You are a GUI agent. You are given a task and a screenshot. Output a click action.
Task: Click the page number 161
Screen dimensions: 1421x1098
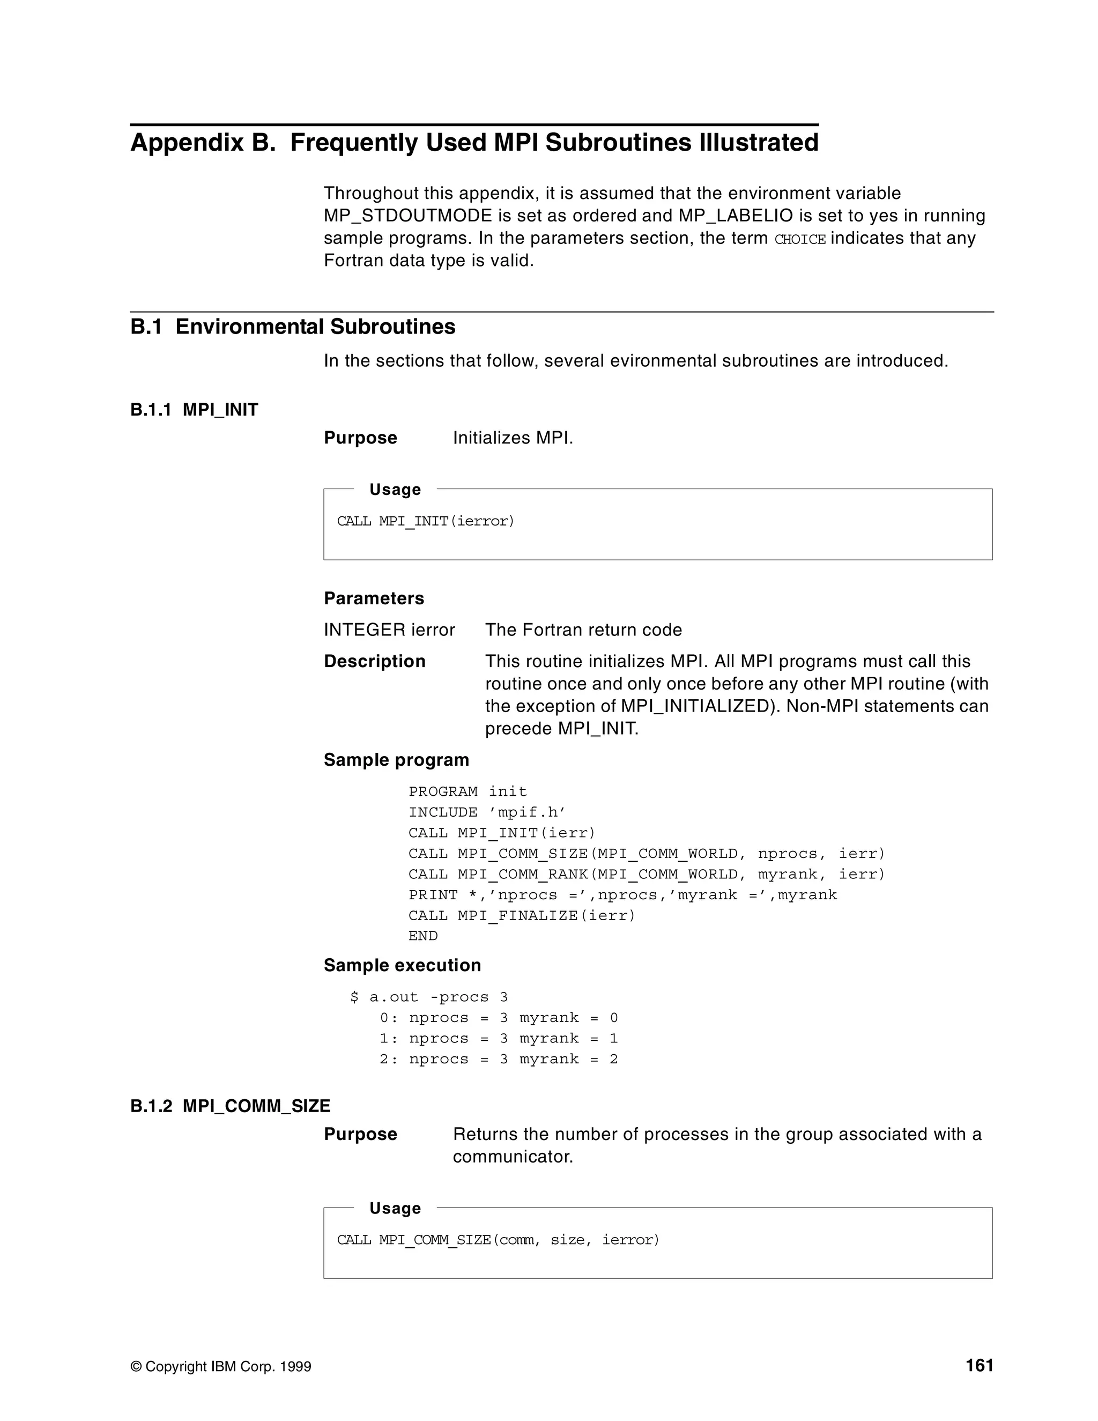tap(979, 1366)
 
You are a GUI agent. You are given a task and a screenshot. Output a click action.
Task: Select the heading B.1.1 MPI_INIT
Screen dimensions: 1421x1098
tap(194, 410)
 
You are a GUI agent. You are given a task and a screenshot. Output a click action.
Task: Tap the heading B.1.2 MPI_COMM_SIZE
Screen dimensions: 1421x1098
tap(230, 1106)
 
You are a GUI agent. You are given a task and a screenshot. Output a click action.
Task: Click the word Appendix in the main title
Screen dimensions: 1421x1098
tap(187, 143)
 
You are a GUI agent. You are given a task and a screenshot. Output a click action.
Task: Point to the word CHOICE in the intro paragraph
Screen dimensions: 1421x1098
tap(799, 240)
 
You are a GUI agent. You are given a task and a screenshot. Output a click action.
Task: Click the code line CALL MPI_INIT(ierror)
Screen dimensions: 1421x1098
tap(425, 521)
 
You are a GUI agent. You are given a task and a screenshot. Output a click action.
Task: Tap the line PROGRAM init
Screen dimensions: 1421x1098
tap(467, 792)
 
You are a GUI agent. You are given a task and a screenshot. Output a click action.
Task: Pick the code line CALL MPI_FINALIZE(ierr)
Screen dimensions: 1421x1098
tap(521, 915)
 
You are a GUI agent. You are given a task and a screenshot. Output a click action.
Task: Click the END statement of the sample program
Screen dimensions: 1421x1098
tap(423, 936)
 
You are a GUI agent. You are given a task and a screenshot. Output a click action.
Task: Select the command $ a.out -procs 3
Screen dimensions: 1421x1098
tap(429, 997)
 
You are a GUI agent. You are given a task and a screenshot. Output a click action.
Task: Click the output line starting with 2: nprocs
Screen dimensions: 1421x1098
tap(498, 1059)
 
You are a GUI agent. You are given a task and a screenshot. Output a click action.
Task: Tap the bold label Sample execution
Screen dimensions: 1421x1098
tap(402, 966)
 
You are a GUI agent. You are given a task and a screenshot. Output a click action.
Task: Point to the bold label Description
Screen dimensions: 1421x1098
tap(374, 662)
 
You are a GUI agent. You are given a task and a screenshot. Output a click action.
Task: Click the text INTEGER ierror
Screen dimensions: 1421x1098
tap(389, 630)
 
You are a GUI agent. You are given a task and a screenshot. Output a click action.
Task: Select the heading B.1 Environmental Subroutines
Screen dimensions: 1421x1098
tap(292, 327)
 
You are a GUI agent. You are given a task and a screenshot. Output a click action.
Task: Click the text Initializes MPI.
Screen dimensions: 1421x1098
tap(513, 438)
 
